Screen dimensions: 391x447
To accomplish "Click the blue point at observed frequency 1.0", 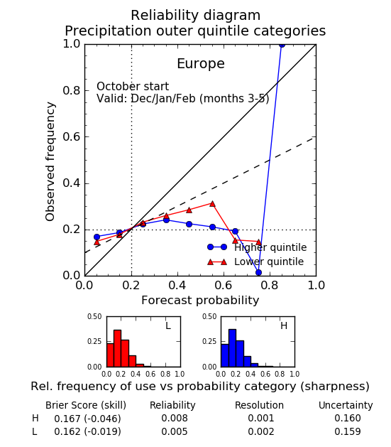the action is [x=282, y=45].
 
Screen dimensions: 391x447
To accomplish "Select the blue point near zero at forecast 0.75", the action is [x=258, y=272].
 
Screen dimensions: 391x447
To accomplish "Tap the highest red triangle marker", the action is [x=212, y=204].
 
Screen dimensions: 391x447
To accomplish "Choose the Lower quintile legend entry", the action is [x=255, y=262].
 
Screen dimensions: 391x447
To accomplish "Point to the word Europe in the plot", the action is [x=201, y=63].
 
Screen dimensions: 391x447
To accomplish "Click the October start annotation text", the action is [x=133, y=87].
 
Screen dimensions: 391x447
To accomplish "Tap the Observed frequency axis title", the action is [x=50, y=161].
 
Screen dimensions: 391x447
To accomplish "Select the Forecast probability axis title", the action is [x=200, y=301].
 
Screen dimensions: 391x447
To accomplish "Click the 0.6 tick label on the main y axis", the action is [x=71, y=137].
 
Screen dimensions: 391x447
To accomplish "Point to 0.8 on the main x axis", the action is [x=270, y=285].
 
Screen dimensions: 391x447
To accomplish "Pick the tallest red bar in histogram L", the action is [x=118, y=348].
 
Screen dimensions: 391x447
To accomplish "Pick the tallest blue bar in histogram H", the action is [x=232, y=348].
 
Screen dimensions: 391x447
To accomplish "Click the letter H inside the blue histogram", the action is [x=284, y=325].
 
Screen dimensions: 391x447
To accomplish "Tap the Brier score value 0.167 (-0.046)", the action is [x=87, y=419].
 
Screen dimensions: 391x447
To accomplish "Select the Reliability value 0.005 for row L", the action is [x=175, y=431].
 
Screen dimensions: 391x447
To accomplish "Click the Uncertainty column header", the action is [x=346, y=405].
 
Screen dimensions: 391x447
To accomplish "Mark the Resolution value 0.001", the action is [x=261, y=418].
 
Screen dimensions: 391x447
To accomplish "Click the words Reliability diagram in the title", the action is [x=196, y=16].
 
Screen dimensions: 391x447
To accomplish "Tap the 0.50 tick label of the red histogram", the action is [x=94, y=317].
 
